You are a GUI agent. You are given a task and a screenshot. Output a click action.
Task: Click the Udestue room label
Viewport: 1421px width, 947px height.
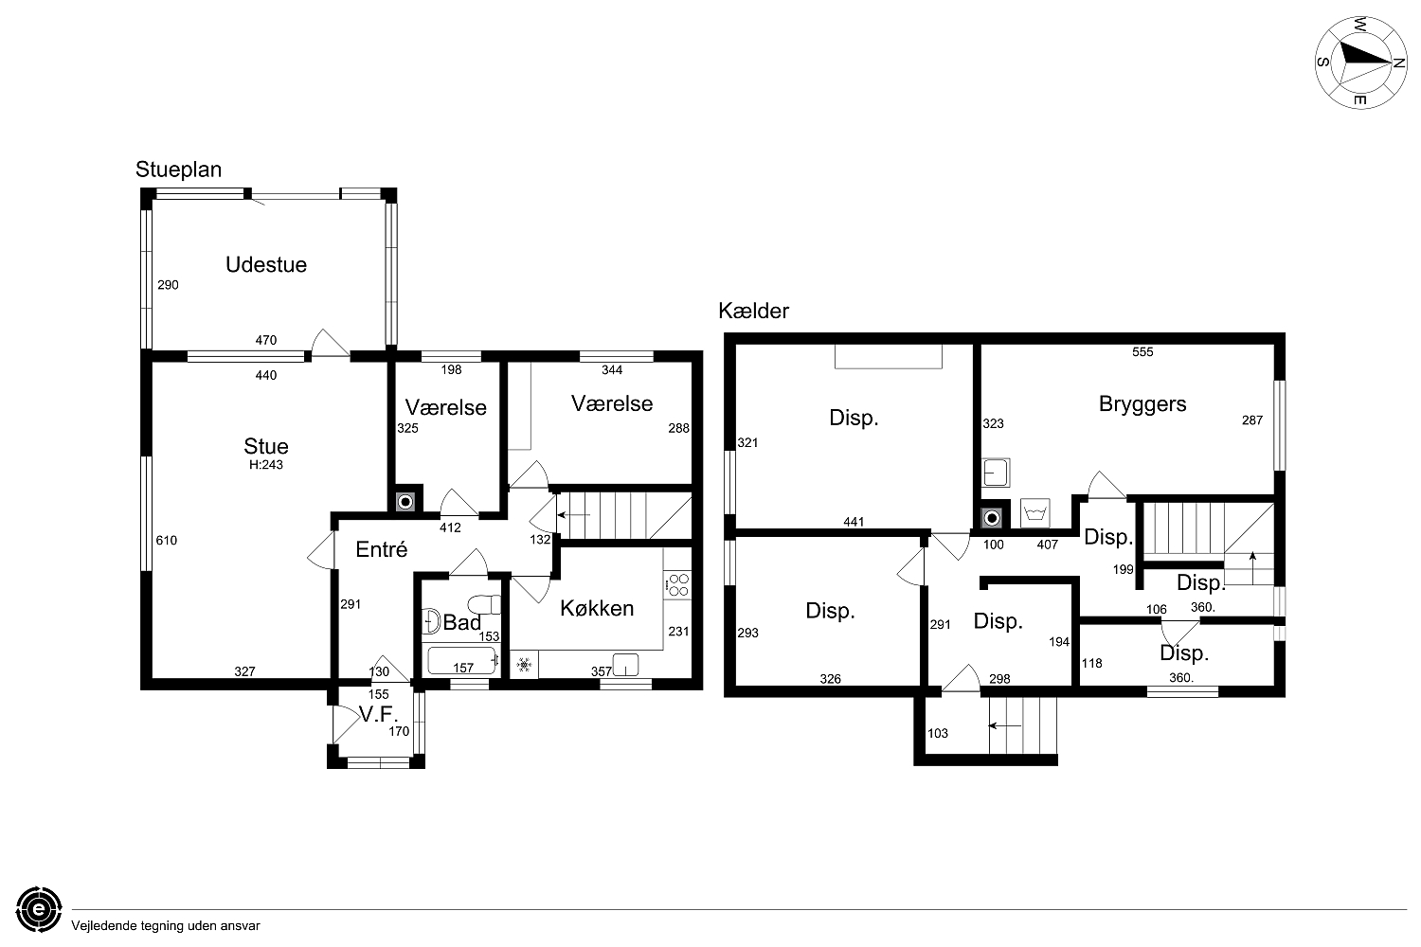(x=266, y=264)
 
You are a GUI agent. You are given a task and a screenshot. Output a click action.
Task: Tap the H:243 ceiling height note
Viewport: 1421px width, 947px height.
(x=266, y=465)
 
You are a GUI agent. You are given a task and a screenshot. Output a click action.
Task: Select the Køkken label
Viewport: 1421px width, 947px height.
(x=596, y=608)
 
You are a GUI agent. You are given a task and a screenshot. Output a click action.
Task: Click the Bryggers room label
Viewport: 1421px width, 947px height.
(x=1142, y=404)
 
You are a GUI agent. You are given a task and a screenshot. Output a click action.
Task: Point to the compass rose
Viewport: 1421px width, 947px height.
(x=1360, y=63)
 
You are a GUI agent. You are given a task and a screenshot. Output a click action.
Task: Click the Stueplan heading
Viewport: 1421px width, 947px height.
(x=178, y=170)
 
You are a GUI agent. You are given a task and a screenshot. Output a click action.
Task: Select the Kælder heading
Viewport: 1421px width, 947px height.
(x=754, y=311)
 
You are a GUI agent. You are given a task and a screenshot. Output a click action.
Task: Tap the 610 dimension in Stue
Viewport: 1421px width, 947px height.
(x=166, y=541)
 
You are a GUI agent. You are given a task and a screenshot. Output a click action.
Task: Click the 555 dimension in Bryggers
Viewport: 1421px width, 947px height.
(x=1142, y=352)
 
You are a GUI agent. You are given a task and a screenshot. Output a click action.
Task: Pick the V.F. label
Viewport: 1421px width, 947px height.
(x=378, y=714)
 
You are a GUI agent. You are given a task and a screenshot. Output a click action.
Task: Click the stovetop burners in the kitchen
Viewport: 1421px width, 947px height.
(x=677, y=585)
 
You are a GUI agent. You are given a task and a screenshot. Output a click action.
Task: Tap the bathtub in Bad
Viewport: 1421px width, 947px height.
(x=462, y=661)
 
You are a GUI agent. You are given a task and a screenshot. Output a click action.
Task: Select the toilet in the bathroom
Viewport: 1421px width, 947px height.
(x=484, y=604)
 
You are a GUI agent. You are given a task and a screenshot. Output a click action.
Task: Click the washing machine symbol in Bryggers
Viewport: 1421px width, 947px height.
(x=1034, y=513)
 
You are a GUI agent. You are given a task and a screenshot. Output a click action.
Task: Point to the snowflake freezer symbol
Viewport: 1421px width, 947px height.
(x=524, y=665)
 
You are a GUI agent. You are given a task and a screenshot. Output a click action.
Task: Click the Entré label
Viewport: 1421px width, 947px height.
(x=381, y=549)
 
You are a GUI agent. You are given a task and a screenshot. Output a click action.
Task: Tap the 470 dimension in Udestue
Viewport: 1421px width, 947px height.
(x=266, y=340)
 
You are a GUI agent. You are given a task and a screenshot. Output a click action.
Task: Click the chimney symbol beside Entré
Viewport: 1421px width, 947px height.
(x=405, y=502)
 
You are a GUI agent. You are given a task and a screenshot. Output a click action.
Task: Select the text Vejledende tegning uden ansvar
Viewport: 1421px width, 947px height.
(x=166, y=926)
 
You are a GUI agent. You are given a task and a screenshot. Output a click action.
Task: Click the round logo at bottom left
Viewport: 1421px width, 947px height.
(x=40, y=909)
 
